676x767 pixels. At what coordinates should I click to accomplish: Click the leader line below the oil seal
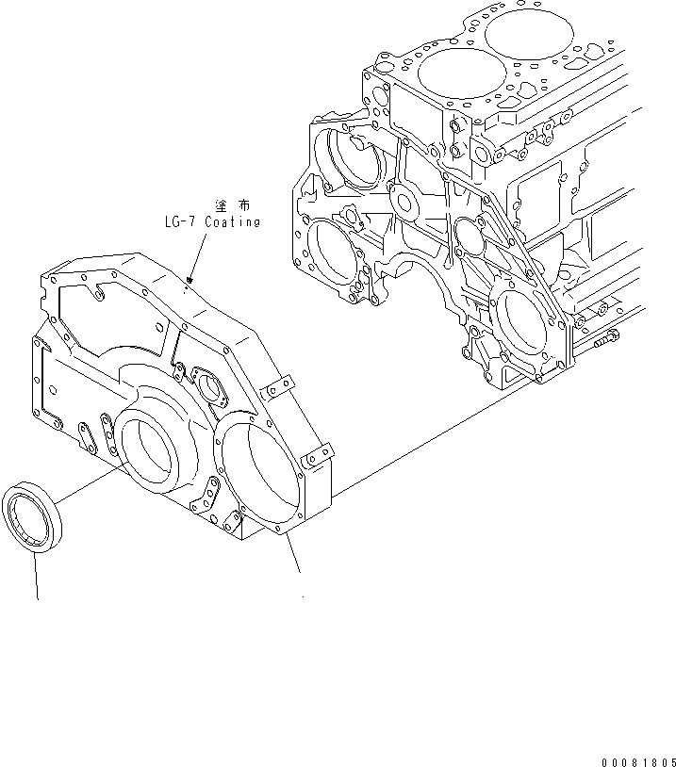38,575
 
